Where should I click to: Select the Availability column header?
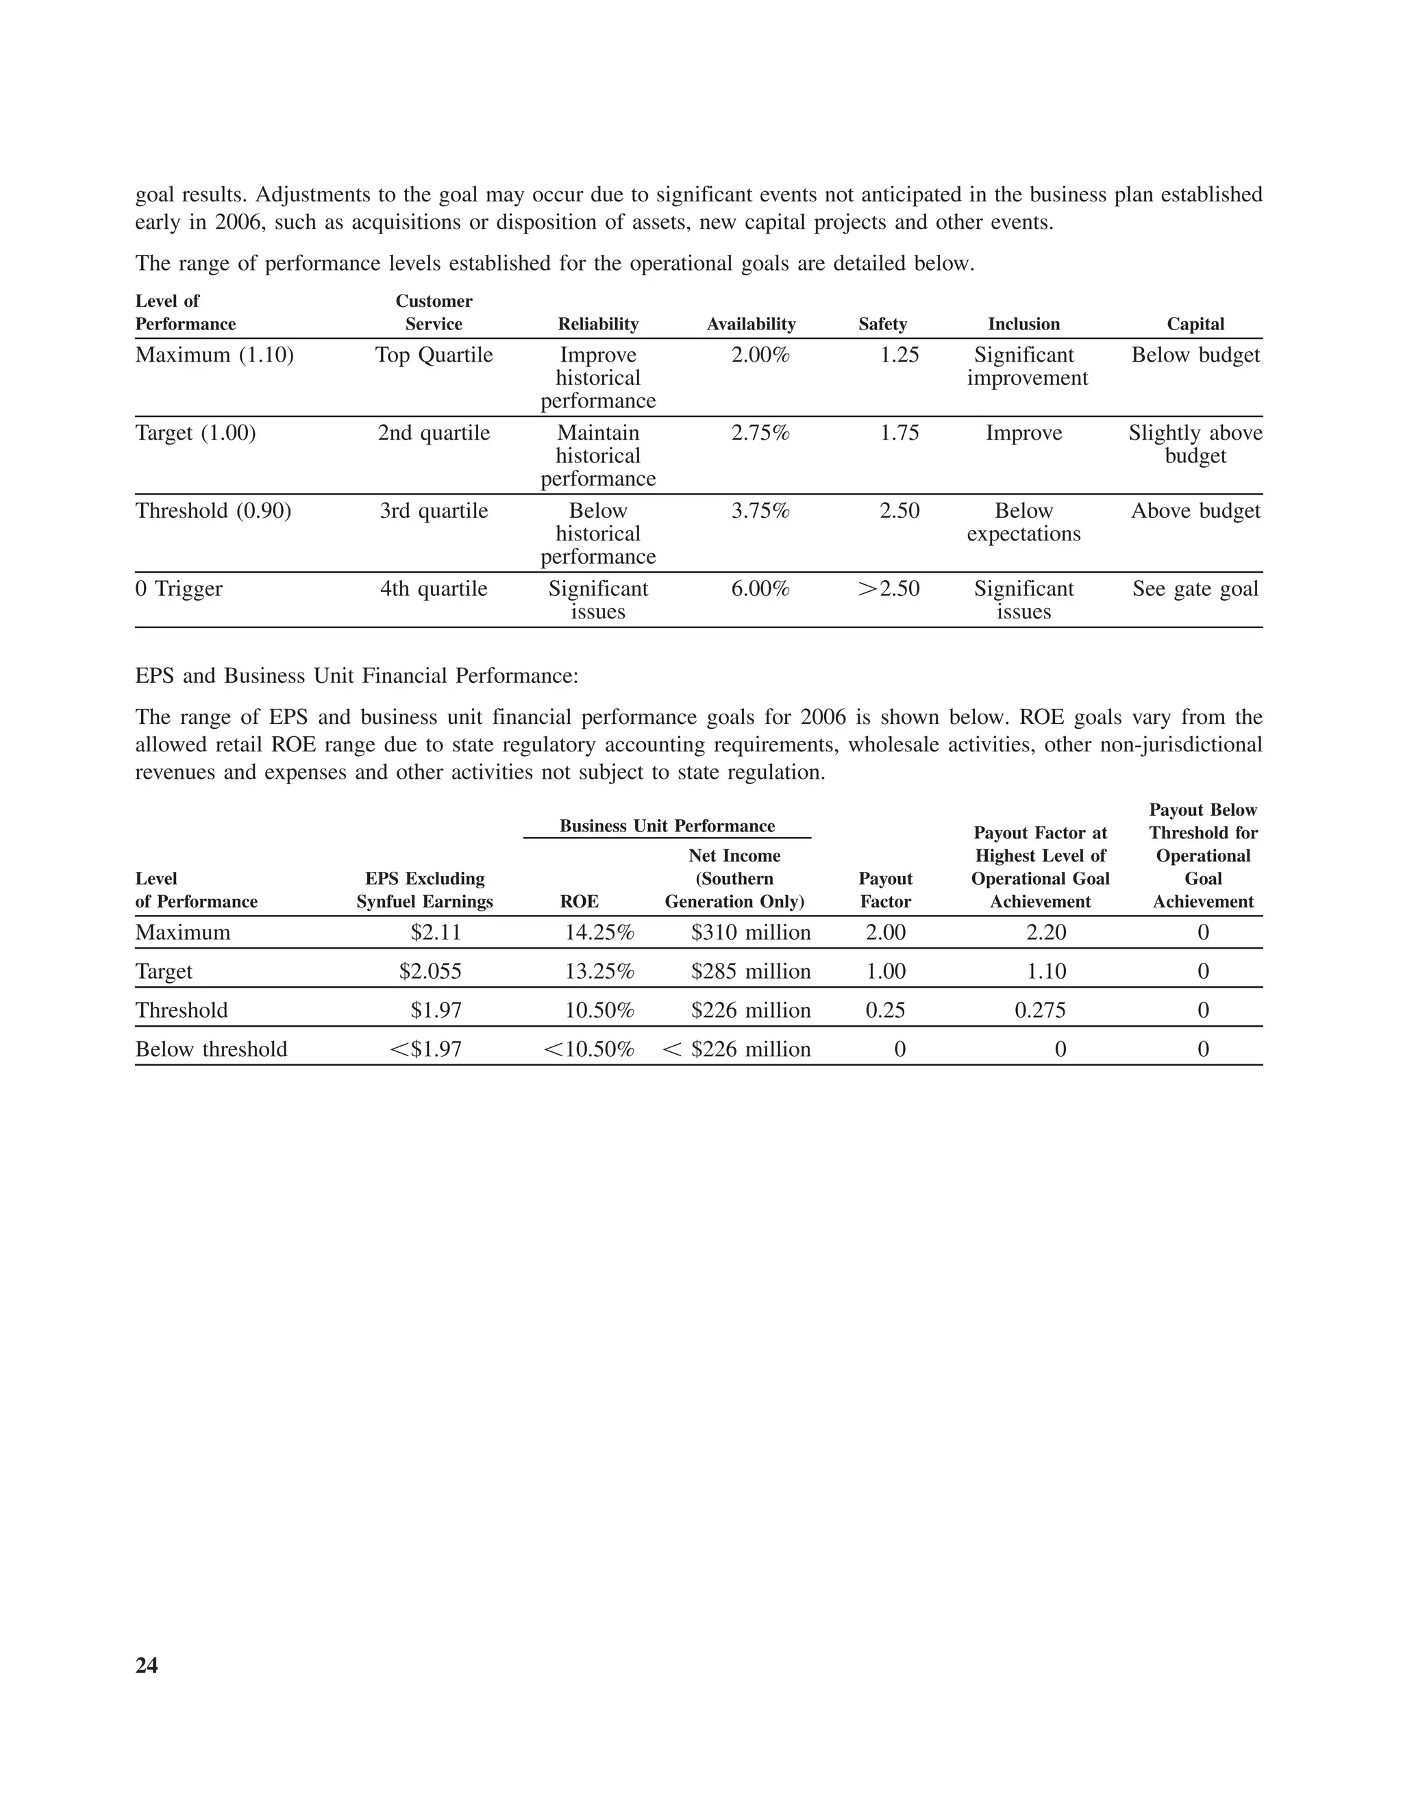click(751, 324)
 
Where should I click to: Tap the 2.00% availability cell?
click(760, 355)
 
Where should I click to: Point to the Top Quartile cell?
click(433, 355)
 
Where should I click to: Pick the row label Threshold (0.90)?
click(213, 511)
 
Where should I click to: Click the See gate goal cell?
click(1194, 589)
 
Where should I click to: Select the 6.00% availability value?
click(760, 589)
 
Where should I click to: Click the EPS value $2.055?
click(430, 971)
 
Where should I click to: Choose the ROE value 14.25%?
click(599, 932)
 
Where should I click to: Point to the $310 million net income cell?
click(749, 932)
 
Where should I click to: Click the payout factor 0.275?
click(1040, 1010)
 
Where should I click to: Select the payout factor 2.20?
click(1045, 932)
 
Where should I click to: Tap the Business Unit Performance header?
click(667, 826)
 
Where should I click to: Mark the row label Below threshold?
click(211, 1049)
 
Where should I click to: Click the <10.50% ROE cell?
click(588, 1049)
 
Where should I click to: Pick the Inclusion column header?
click(1023, 324)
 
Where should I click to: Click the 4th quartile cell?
click(433, 589)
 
